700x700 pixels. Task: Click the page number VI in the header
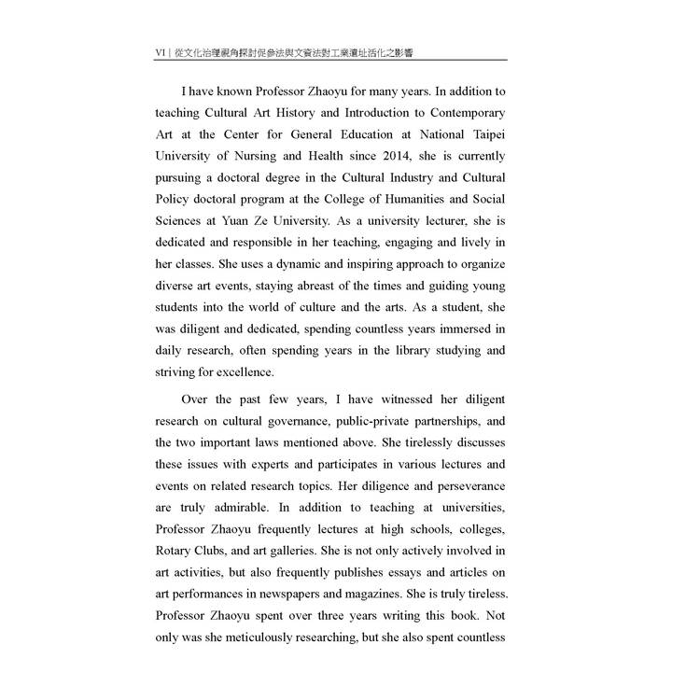pyautogui.click(x=161, y=53)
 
